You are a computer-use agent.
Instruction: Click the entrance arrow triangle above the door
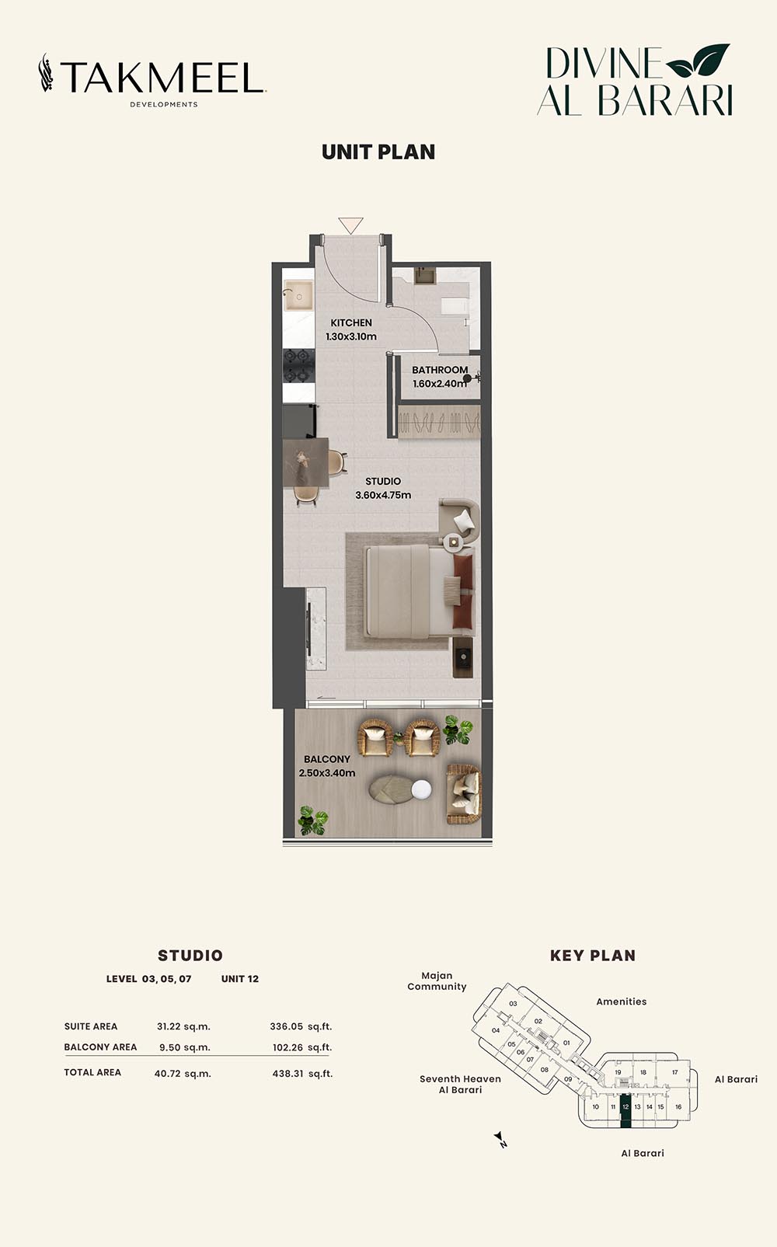point(350,225)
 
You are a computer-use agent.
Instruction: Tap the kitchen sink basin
point(298,296)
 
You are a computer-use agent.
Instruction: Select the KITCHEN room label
point(351,323)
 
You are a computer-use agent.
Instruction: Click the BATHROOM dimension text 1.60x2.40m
point(440,384)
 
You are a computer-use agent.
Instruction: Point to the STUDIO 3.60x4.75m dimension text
point(383,495)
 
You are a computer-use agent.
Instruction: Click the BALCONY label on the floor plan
point(326,759)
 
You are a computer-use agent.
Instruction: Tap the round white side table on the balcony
point(422,789)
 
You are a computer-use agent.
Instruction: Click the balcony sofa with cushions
point(464,794)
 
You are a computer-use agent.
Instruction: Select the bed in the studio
point(419,591)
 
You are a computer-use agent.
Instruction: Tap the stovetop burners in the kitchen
point(298,366)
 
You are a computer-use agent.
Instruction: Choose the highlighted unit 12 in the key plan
point(625,1114)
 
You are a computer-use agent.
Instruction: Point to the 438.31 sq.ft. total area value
point(302,1074)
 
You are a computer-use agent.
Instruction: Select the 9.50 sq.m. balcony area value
point(185,1047)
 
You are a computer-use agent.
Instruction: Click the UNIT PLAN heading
point(378,152)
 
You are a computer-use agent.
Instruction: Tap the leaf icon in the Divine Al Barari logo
point(699,60)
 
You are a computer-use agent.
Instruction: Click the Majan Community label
point(437,981)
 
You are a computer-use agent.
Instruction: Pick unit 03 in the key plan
point(513,1004)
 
